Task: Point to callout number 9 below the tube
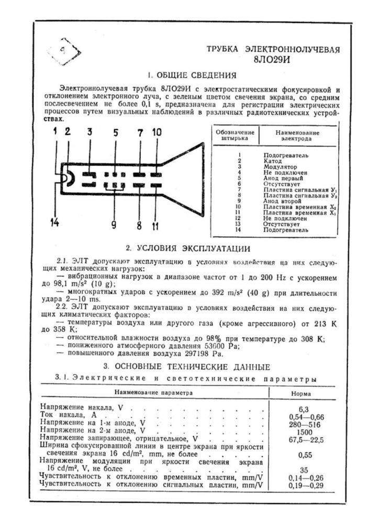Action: [x=113, y=225]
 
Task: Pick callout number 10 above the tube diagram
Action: [x=157, y=133]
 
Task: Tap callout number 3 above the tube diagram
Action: [x=90, y=132]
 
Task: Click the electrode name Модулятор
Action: [x=280, y=167]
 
